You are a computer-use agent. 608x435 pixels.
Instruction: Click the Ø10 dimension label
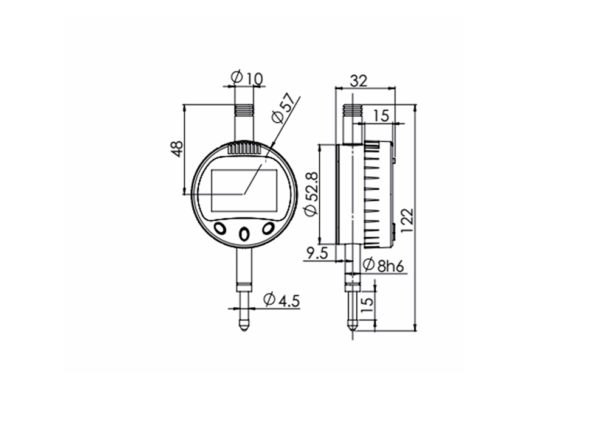pyautogui.click(x=246, y=77)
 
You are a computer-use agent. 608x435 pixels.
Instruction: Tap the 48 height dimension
pyautogui.click(x=176, y=149)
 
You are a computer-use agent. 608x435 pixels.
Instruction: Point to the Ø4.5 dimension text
pyautogui.click(x=282, y=299)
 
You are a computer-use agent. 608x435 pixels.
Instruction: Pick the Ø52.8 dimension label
pyautogui.click(x=309, y=192)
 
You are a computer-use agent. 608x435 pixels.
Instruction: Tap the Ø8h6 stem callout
pyautogui.click(x=384, y=265)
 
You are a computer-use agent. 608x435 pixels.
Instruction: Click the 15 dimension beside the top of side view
pyautogui.click(x=381, y=115)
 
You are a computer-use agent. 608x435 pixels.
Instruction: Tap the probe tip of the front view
pyautogui.click(x=244, y=325)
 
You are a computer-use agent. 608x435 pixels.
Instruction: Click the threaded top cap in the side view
pyautogui.click(x=352, y=111)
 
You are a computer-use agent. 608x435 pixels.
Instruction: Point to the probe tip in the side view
pyautogui.click(x=352, y=329)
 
